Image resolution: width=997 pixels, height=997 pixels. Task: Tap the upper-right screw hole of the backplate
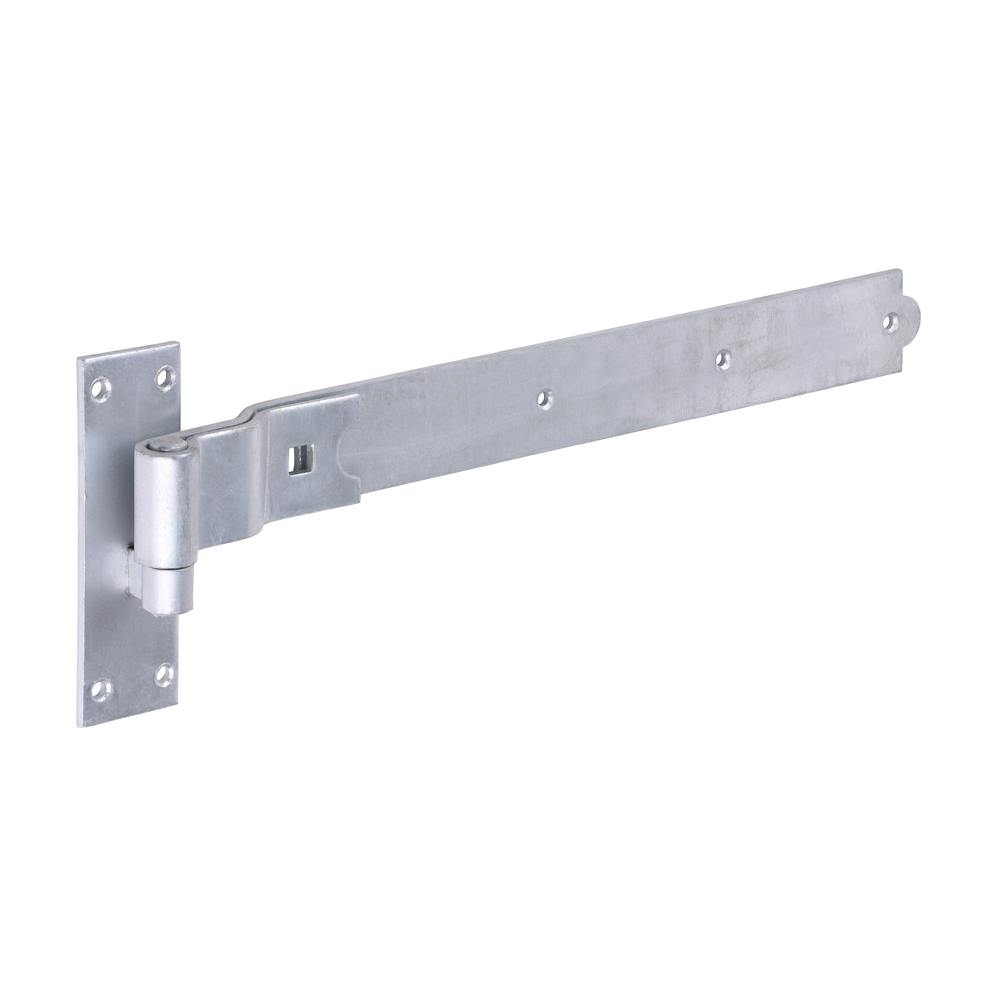pos(164,378)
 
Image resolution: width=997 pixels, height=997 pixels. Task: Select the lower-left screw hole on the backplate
pos(101,688)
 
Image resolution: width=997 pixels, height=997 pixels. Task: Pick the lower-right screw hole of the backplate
pos(164,675)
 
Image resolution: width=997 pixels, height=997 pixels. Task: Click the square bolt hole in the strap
pos(298,458)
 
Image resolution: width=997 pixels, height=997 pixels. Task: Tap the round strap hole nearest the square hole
pos(544,398)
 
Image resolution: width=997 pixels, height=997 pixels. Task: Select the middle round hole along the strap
pos(723,357)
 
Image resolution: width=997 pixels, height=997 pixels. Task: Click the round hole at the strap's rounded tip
pos(890,321)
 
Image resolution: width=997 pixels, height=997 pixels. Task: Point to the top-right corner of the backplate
pos(179,344)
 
